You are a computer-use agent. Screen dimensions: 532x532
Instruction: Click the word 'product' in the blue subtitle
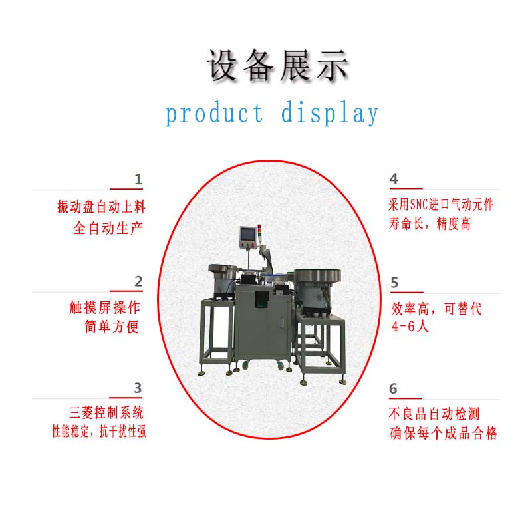214,114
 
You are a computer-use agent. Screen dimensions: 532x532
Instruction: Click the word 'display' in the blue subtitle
329,113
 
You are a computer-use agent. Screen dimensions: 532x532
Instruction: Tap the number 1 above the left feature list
138,179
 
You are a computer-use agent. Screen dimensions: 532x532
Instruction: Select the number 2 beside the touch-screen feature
138,281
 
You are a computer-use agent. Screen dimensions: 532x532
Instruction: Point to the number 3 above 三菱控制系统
138,388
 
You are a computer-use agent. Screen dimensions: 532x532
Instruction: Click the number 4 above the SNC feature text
394,178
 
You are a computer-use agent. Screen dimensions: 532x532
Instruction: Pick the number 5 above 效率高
394,283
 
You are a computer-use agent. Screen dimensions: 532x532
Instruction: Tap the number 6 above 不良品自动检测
393,388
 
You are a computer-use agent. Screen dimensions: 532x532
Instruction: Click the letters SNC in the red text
419,205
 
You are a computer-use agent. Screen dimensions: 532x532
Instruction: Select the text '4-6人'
410,327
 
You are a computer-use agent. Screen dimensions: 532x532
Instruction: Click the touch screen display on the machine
247,234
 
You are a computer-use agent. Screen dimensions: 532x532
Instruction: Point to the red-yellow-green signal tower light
259,231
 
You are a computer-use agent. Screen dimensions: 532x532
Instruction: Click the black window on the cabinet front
261,299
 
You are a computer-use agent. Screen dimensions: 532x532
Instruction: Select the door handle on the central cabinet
282,323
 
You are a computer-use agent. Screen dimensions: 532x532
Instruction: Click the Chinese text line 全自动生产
108,228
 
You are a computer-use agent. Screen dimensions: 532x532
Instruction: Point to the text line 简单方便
112,327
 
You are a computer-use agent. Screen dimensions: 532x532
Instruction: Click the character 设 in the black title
222,65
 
